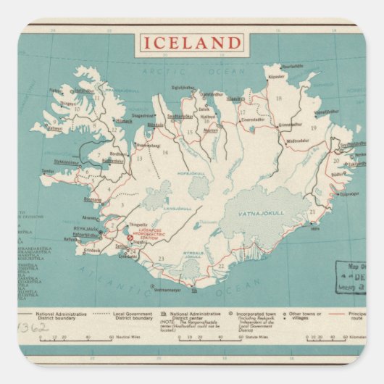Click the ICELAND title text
191,43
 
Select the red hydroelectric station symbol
130,237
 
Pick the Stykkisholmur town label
66,162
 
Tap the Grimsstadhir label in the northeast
290,125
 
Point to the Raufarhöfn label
292,66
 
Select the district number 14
164,151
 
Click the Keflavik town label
70,238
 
